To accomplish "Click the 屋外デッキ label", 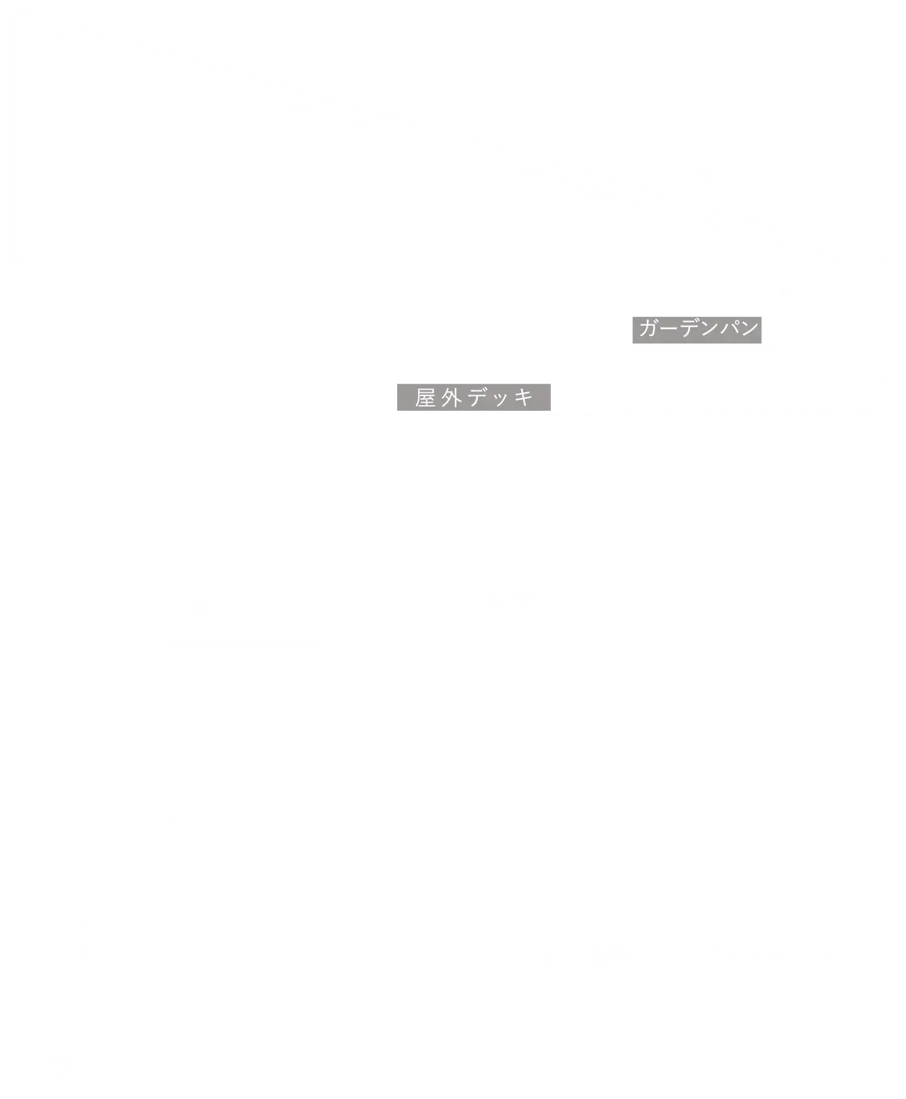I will (x=473, y=398).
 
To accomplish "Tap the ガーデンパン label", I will (x=698, y=328).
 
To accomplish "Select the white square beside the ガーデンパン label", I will (x=821, y=331).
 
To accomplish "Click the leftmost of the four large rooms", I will (x=246, y=730).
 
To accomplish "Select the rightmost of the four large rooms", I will (x=772, y=730).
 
